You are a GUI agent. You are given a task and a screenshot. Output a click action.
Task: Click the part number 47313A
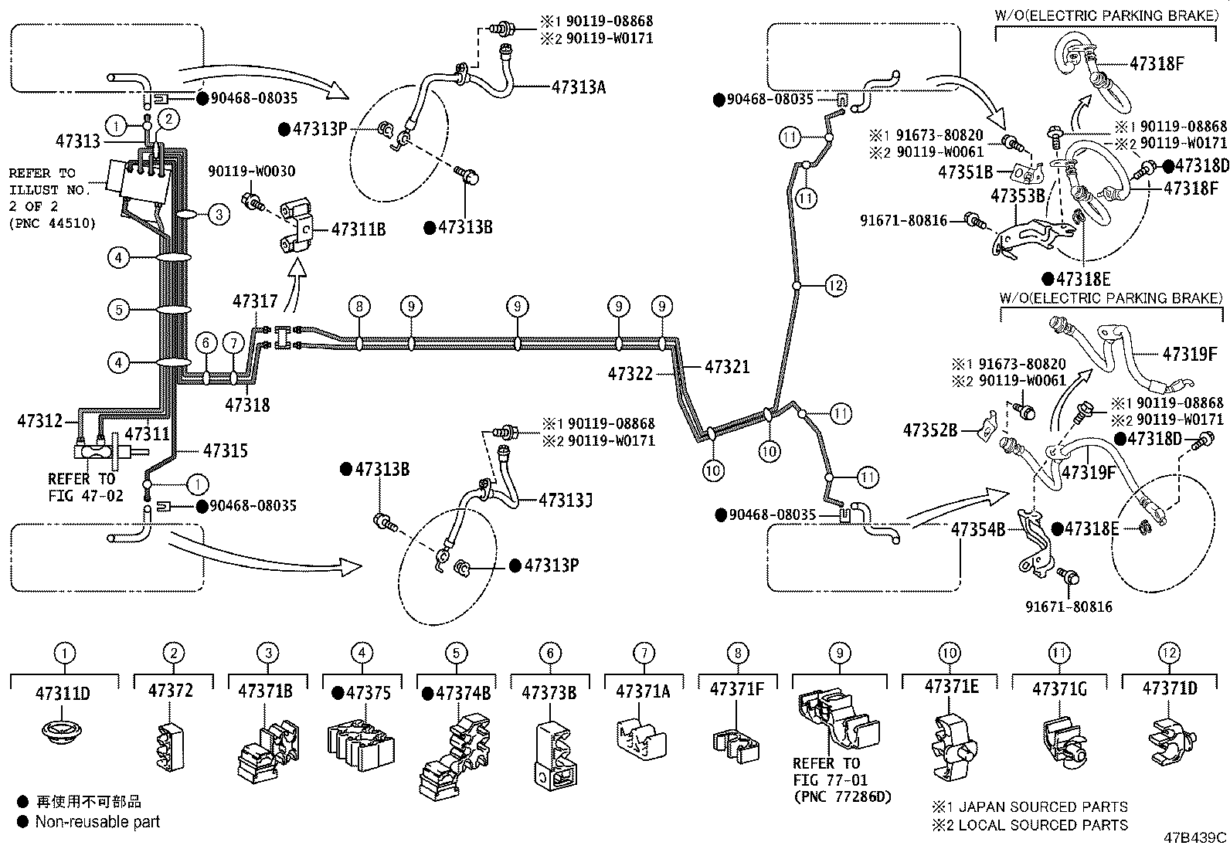[x=578, y=87]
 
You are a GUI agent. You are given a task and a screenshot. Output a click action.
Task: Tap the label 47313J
[x=566, y=501]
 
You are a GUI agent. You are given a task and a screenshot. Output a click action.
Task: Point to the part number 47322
[x=630, y=374]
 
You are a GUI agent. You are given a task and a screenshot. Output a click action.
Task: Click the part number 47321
[x=727, y=368]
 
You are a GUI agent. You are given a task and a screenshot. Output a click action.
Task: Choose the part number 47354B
[x=978, y=530]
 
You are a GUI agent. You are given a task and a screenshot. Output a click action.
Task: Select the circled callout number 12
[x=835, y=286]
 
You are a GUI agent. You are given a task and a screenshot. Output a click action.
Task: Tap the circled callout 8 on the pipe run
[x=359, y=307]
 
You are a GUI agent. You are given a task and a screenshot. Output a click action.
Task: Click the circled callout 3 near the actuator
[x=219, y=214]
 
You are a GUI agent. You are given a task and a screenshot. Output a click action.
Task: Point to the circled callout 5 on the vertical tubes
[x=118, y=310]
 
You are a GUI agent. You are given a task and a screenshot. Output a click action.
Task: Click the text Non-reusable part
[x=97, y=822]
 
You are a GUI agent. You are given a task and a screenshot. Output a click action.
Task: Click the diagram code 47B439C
[x=1196, y=838]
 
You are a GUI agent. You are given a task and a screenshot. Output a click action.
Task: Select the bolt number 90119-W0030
[x=251, y=171]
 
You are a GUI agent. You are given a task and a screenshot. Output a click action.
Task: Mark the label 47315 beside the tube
[x=226, y=450]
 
